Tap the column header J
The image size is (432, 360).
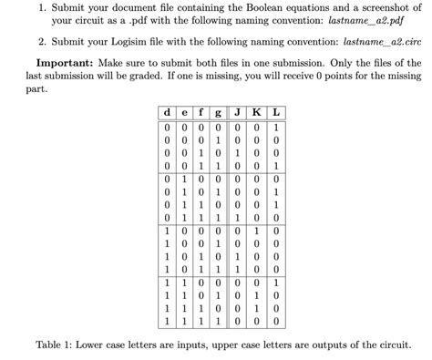[237, 113]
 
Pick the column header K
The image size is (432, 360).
[256, 113]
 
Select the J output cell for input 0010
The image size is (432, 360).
[237, 154]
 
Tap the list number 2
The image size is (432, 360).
[41, 42]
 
